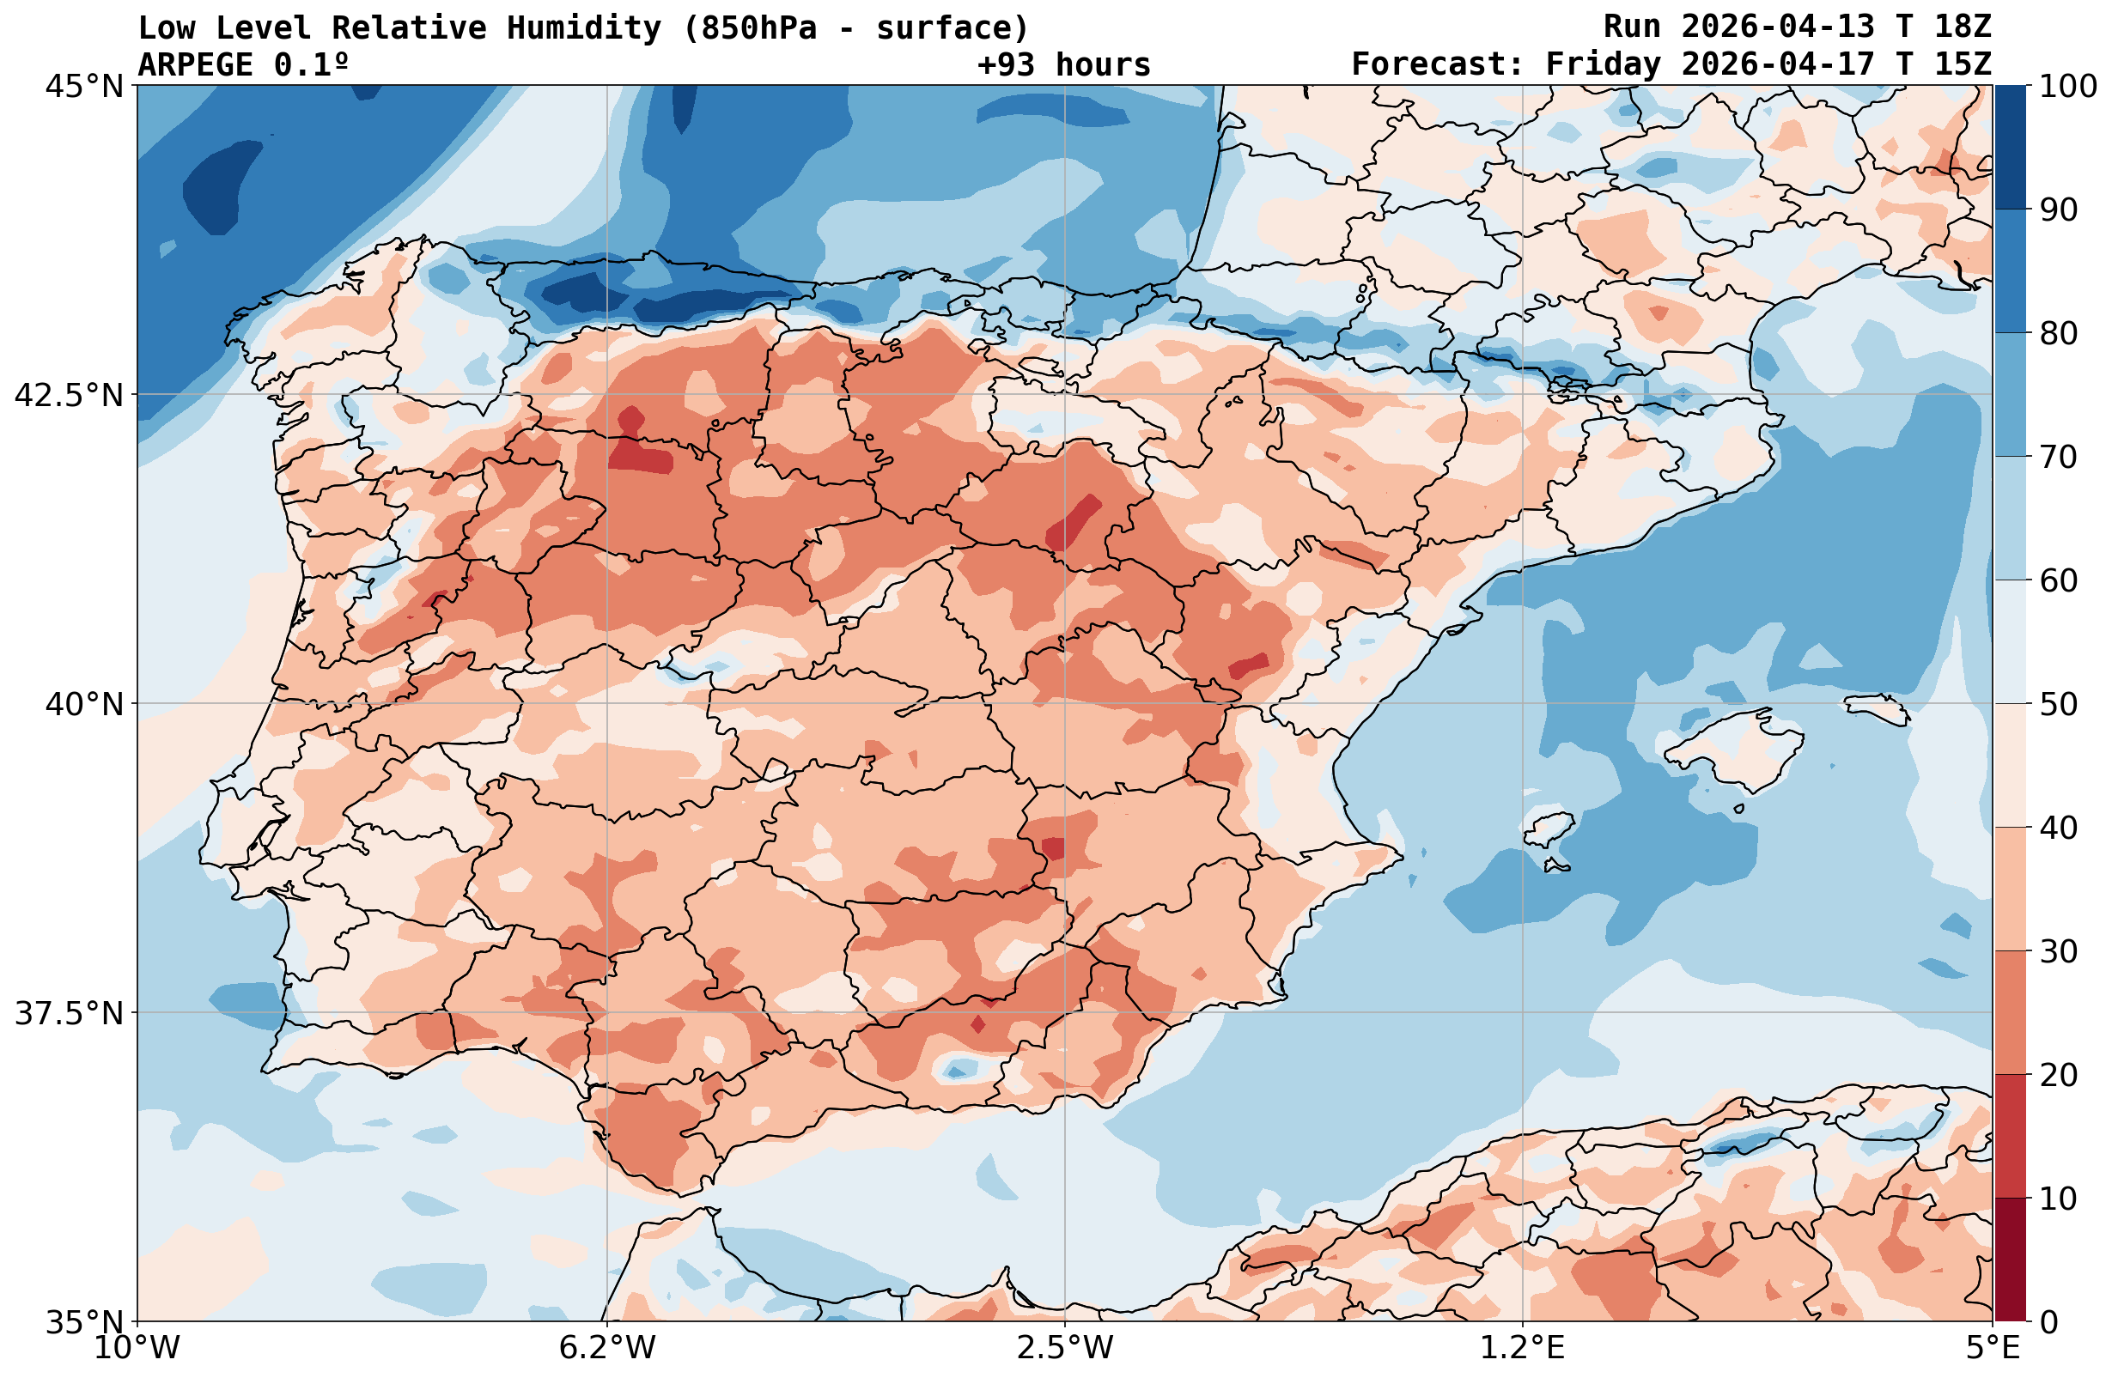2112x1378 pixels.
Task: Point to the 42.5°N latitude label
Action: point(69,395)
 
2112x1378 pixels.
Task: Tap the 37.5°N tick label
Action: point(69,1013)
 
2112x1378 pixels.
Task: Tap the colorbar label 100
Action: point(2068,87)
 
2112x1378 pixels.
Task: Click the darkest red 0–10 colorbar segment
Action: point(2010,1260)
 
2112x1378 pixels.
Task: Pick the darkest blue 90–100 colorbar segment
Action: point(2010,148)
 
